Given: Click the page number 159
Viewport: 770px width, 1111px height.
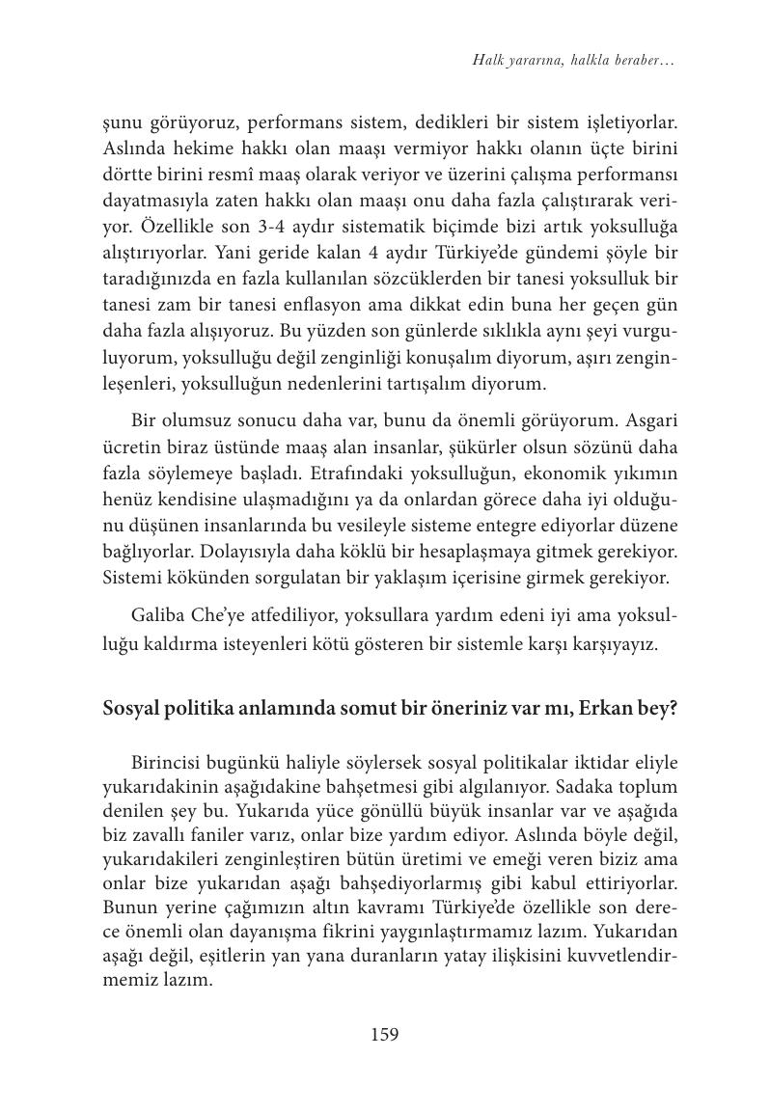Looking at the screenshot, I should (384, 1035).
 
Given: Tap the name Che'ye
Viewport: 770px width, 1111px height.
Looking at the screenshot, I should (218, 616).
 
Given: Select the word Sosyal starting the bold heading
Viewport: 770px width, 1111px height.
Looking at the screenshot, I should (130, 708).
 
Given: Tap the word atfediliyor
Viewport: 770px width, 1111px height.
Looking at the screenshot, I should (292, 616).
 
